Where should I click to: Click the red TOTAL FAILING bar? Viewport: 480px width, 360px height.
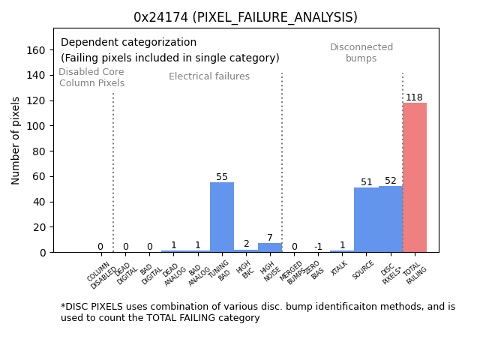415,178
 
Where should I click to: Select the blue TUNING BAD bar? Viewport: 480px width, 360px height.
222,217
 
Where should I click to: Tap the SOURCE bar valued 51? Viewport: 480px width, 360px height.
366,220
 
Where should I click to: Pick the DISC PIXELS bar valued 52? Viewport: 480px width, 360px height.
390,219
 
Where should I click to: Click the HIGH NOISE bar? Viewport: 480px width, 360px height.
270,247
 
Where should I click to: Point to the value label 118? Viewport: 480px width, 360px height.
414,97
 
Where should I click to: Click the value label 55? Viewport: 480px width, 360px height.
222,177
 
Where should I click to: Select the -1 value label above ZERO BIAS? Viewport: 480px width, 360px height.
318,247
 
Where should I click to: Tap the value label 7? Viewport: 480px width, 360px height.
270,238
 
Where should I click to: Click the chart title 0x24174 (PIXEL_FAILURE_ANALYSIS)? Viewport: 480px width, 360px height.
245,17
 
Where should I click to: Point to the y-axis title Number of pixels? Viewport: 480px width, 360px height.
16,140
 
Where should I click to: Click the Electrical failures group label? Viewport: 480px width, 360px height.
209,76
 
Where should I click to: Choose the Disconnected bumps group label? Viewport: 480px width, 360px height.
361,52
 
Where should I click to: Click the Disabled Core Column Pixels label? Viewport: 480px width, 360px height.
91,77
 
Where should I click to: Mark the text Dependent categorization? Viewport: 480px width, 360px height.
128,43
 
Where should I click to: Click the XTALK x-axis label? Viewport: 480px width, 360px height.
340,268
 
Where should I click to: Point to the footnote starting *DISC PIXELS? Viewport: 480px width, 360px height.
258,312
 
